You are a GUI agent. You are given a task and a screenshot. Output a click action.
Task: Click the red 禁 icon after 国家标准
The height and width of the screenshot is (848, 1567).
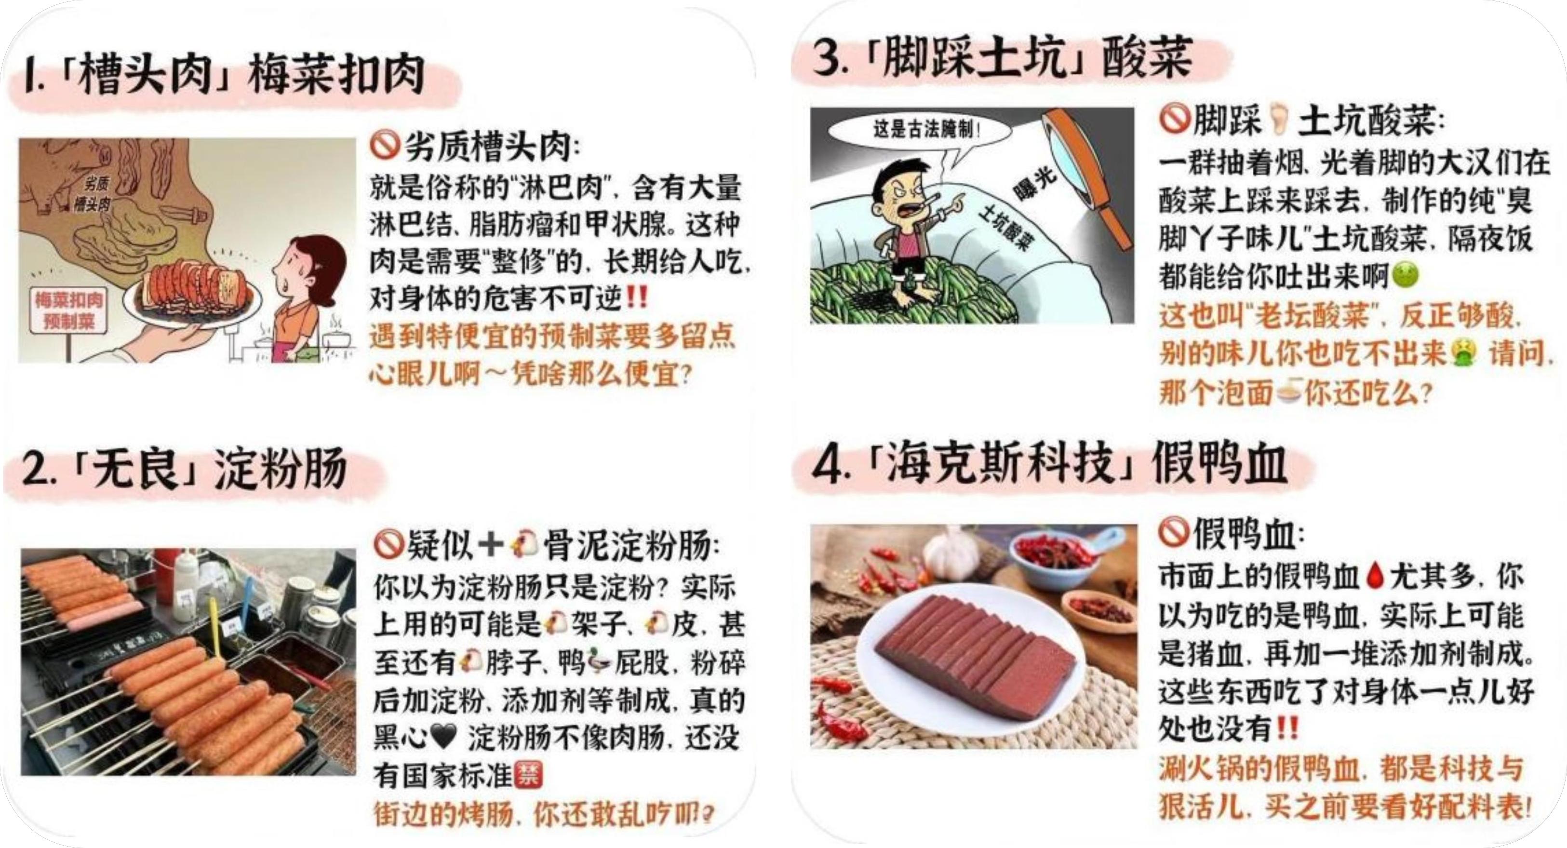click(527, 775)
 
